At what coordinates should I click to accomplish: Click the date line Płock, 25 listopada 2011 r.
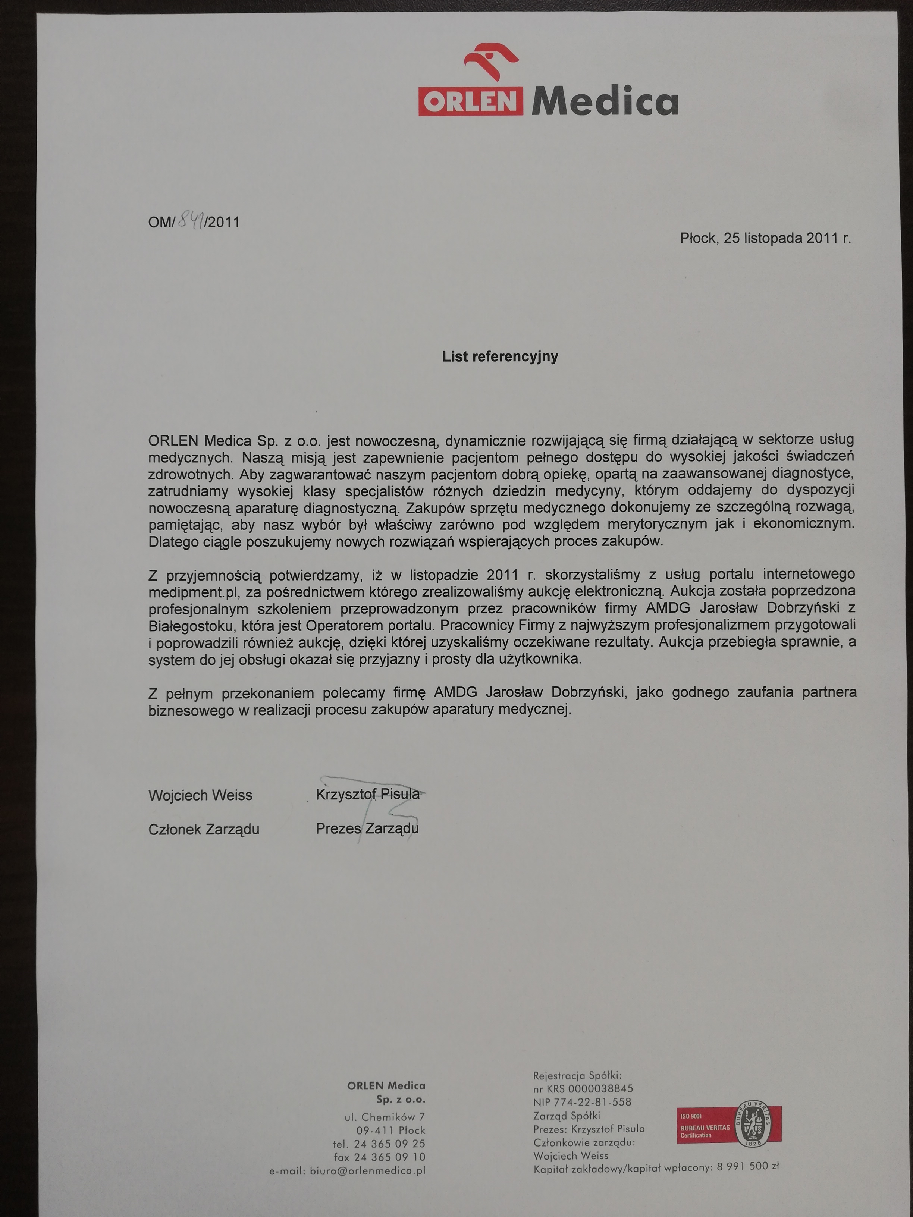coord(765,238)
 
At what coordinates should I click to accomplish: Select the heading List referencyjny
coord(500,356)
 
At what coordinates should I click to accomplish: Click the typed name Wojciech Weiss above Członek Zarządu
coord(200,795)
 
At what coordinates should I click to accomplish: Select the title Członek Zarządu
coord(204,829)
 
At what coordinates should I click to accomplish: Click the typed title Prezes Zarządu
coord(367,828)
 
